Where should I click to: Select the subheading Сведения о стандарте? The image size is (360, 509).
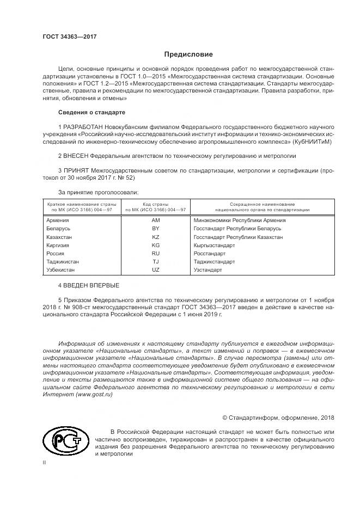(x=91, y=112)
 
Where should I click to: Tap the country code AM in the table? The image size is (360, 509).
(x=155, y=220)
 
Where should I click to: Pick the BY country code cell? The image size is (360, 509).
(x=155, y=229)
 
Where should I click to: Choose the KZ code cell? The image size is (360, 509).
(x=155, y=237)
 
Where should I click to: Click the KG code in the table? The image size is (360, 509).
(x=155, y=246)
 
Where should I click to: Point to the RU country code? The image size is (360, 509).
(x=155, y=254)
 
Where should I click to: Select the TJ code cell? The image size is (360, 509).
(x=155, y=262)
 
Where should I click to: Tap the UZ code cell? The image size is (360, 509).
(x=155, y=270)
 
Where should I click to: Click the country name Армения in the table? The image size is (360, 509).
(x=58, y=220)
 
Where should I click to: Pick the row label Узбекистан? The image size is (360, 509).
(x=62, y=270)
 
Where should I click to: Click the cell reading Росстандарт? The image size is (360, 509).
(x=210, y=254)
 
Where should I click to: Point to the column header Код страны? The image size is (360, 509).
(x=155, y=204)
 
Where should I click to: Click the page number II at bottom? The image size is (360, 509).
(x=44, y=462)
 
